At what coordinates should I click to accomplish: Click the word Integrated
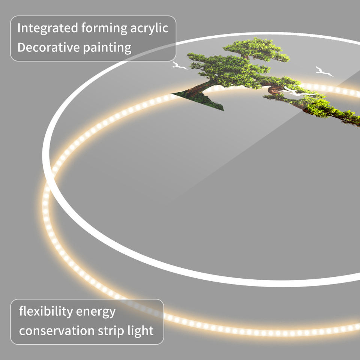pyautogui.click(x=48, y=28)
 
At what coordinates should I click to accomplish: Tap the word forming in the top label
pyautogui.click(x=104, y=28)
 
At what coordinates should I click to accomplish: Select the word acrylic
pyautogui.click(x=149, y=28)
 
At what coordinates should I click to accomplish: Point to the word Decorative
pyautogui.click(x=48, y=47)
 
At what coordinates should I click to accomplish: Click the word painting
pyautogui.click(x=107, y=48)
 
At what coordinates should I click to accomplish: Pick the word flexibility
pyautogui.click(x=46, y=312)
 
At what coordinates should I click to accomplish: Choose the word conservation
pyautogui.click(x=57, y=331)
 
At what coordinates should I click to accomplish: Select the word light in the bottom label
pyautogui.click(x=141, y=331)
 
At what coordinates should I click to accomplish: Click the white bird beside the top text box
pyautogui.click(x=180, y=66)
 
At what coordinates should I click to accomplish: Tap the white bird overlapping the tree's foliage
pyautogui.click(x=296, y=91)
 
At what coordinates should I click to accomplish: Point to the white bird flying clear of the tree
pyautogui.click(x=324, y=71)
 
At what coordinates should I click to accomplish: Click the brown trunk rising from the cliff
pyautogui.click(x=198, y=88)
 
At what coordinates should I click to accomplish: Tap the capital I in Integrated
pyautogui.click(x=19, y=28)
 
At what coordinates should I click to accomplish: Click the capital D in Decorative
pyautogui.click(x=21, y=47)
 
